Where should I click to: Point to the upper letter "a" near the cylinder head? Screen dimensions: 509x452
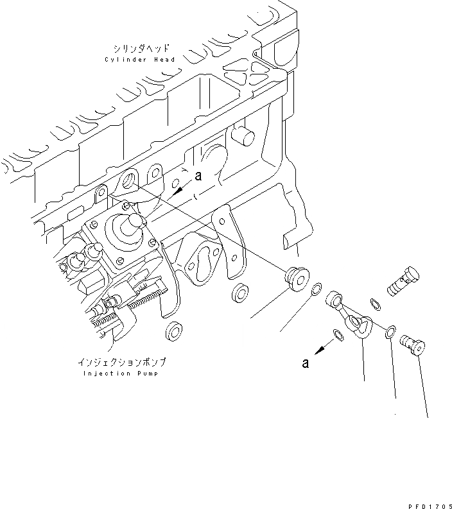[x=198, y=177]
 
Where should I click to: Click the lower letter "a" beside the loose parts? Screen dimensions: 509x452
[x=306, y=363]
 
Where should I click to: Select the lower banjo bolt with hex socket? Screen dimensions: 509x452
[x=410, y=345]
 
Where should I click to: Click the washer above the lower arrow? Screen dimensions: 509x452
[x=338, y=333]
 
